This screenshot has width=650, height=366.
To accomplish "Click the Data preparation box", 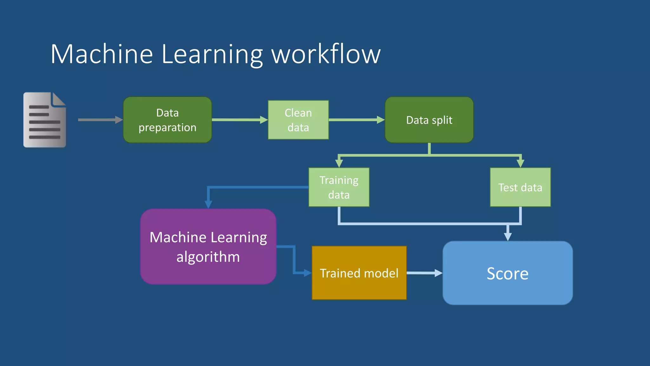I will (167, 120).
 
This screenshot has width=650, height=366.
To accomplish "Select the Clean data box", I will (298, 120).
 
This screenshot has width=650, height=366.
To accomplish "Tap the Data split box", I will (429, 120).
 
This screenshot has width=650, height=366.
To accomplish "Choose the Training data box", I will (339, 187).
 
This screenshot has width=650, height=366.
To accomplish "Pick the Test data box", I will (520, 187).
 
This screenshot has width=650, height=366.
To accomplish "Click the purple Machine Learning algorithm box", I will (208, 247).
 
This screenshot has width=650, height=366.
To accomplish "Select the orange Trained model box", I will (359, 273).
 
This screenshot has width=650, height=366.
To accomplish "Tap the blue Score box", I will (507, 273).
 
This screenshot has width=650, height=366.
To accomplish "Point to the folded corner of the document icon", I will (58, 99).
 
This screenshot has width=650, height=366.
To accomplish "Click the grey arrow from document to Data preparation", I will (98, 120).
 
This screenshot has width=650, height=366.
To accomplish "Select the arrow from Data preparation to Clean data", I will (238, 120).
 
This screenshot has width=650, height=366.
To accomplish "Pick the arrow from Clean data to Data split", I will (355, 120).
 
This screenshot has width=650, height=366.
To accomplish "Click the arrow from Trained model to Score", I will (424, 273).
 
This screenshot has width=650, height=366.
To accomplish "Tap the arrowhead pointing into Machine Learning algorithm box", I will (208, 204).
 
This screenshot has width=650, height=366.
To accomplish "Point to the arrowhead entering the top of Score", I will (508, 237).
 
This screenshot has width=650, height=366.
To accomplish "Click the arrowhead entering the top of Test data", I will (520, 163).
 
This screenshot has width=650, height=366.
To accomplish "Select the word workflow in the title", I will (326, 54).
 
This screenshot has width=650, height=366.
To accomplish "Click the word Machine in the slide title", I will (102, 54).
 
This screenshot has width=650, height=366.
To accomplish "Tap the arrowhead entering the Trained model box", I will (307, 273).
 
